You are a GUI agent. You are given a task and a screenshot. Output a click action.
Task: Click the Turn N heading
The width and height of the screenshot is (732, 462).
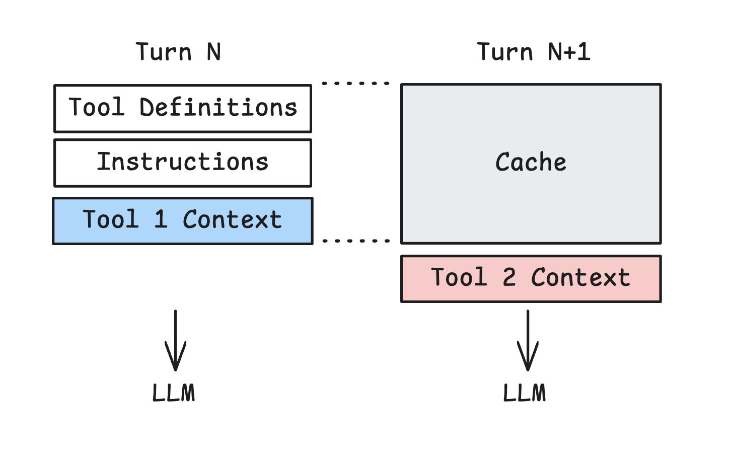click(x=178, y=52)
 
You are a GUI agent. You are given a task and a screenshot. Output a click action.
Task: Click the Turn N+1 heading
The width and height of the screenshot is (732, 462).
click(x=533, y=52)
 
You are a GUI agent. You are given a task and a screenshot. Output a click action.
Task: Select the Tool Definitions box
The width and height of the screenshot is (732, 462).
click(x=183, y=108)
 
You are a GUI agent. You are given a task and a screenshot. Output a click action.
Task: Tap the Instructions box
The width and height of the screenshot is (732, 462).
click(x=183, y=163)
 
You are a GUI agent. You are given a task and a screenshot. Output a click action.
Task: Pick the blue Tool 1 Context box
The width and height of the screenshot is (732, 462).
click(x=183, y=220)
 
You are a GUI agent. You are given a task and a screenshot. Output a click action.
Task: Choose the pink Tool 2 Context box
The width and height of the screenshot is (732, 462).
click(x=531, y=278)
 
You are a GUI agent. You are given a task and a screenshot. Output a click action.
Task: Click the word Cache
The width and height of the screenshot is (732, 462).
click(x=531, y=162)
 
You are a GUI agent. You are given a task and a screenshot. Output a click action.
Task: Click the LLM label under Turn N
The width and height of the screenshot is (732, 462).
click(x=174, y=393)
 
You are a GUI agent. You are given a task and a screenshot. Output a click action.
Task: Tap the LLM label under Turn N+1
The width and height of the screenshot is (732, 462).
click(x=525, y=393)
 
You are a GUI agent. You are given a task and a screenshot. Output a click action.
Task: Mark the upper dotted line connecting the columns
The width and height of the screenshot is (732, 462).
click(x=355, y=83)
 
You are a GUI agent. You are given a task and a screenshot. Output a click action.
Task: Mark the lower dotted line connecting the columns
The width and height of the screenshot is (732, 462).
click(x=355, y=241)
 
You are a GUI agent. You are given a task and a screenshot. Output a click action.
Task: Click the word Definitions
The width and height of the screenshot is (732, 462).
click(x=218, y=108)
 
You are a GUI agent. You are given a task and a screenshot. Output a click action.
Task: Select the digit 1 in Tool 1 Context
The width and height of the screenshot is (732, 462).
click(x=161, y=219)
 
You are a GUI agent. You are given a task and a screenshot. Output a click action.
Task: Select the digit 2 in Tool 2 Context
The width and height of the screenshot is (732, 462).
click(x=509, y=278)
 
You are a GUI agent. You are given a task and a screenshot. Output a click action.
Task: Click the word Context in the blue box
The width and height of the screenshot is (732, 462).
click(x=232, y=220)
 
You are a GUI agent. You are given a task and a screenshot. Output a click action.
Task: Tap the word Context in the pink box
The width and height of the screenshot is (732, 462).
click(x=580, y=278)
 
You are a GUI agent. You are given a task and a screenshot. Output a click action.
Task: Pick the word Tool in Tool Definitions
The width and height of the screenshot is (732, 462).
click(x=96, y=108)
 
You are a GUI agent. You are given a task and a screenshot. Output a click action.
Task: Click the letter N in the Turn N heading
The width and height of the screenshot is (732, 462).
click(x=213, y=52)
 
